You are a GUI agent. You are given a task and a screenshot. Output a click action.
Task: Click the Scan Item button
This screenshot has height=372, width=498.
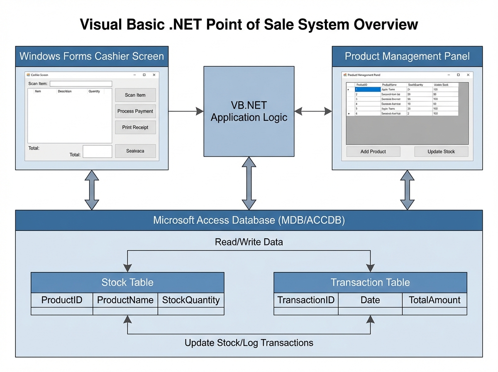point(135,95)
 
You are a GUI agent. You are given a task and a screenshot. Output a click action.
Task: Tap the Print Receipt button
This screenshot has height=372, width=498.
point(135,127)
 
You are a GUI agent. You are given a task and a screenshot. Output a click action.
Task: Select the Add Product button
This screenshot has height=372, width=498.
point(373,152)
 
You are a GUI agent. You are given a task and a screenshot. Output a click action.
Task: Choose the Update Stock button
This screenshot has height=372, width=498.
point(441,152)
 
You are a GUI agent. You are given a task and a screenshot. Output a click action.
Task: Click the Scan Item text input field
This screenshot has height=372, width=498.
point(81,84)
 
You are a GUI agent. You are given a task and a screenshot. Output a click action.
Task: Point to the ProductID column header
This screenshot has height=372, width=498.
point(62,300)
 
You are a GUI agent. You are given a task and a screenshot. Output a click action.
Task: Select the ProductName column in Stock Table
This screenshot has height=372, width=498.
point(125,300)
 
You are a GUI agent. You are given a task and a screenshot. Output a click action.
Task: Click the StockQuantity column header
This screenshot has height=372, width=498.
point(191,300)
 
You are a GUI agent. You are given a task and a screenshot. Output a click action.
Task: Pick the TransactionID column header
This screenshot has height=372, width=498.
point(306,300)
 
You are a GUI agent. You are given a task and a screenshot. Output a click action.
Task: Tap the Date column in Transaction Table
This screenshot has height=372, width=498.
point(370,300)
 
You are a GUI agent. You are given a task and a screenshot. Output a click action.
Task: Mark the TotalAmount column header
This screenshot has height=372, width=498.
point(435,300)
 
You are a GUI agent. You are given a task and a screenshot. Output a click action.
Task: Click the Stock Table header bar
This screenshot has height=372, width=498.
point(127,283)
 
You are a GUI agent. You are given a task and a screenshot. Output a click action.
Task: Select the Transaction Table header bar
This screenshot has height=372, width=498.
point(370,283)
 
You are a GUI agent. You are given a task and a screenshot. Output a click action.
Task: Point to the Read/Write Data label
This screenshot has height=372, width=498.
point(249,242)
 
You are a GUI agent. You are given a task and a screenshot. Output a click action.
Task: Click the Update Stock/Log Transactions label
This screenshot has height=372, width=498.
point(249,343)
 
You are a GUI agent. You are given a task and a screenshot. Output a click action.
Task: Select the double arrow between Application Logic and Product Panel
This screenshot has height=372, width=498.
point(313,111)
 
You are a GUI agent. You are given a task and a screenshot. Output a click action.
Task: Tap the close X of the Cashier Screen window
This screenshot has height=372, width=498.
point(154,75)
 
